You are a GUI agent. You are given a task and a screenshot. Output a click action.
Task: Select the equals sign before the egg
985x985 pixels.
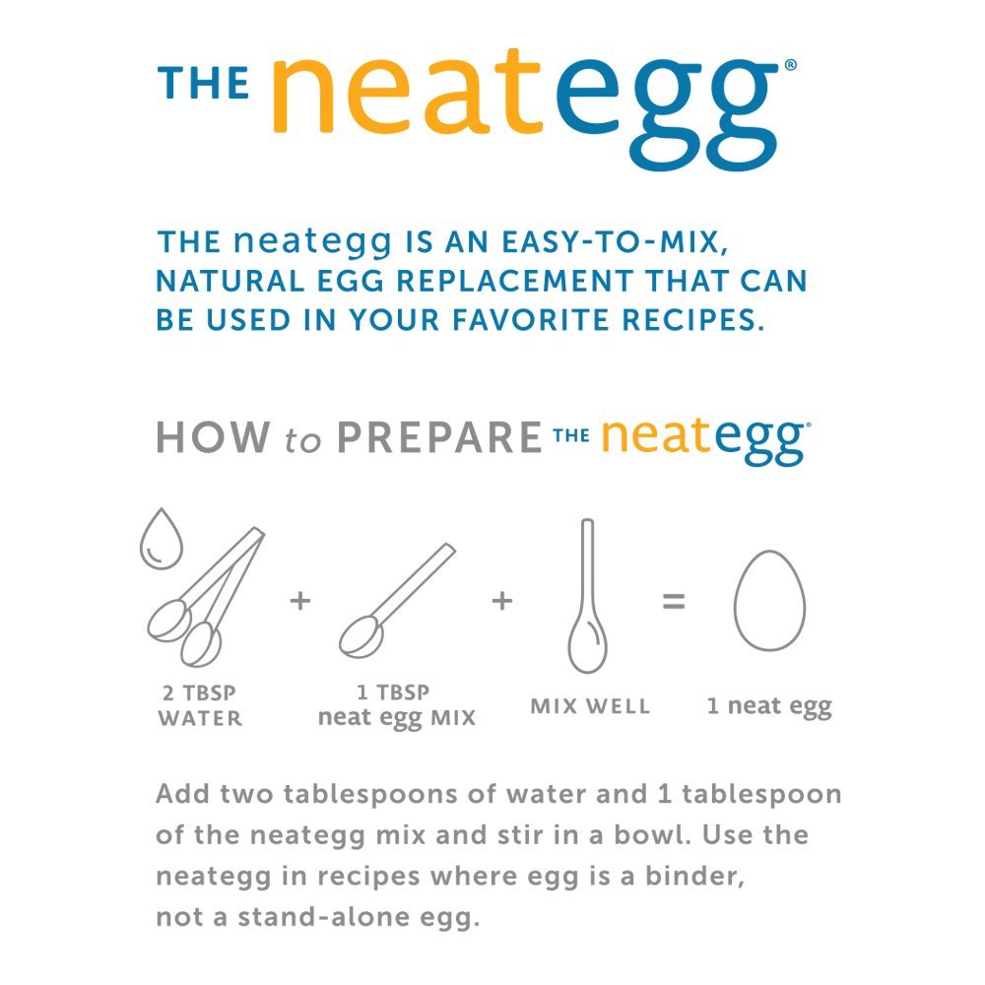[x=674, y=601]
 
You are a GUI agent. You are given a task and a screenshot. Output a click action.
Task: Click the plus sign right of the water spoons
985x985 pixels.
[x=300, y=601]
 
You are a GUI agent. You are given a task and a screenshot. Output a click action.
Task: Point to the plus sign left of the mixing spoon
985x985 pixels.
[x=502, y=601]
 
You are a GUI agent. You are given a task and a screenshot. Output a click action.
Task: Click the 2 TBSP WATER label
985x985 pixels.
[x=200, y=705]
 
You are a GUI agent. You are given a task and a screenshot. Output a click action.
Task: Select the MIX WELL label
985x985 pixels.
[x=590, y=706]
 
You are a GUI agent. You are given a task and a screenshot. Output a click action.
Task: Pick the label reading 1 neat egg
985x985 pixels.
[x=769, y=706]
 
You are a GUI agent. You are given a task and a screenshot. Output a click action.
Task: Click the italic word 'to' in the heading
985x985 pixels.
[x=302, y=439]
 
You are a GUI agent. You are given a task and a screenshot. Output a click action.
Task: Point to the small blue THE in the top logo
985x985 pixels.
[x=204, y=84]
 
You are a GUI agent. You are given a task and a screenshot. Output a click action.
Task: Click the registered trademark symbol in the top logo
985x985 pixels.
[x=791, y=65]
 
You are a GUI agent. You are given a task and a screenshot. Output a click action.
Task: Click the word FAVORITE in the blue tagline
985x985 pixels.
[x=531, y=320]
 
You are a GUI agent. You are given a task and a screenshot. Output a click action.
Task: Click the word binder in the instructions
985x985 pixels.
[x=694, y=876]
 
